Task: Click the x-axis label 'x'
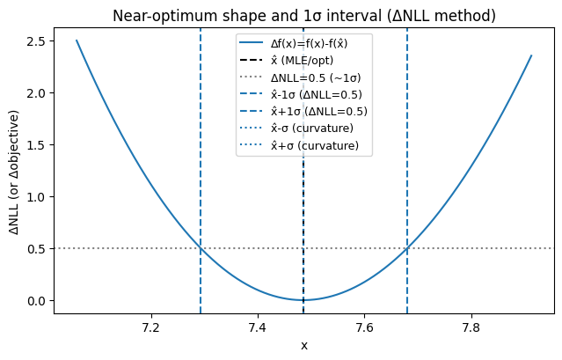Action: click(x=303, y=345)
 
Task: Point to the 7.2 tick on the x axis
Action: click(x=151, y=328)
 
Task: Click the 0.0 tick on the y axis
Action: click(x=35, y=301)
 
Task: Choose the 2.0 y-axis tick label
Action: click(x=35, y=93)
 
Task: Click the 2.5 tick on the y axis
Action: click(x=35, y=41)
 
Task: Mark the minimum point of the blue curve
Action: click(x=303, y=300)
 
